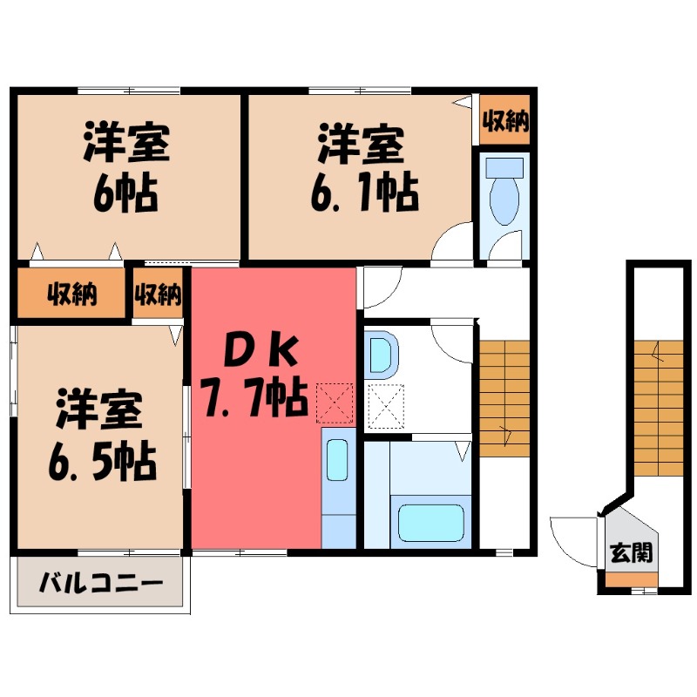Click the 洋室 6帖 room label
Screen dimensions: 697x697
[x=126, y=169]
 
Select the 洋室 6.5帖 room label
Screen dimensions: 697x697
[x=100, y=436]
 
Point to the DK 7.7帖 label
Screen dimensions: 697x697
[x=253, y=376]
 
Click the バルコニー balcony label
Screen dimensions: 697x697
[x=101, y=582]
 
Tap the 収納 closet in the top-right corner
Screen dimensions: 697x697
[x=505, y=120]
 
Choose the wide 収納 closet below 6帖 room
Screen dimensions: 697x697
[x=71, y=294]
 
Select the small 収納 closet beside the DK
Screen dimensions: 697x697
[x=158, y=294]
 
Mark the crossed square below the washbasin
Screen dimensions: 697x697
[x=386, y=405]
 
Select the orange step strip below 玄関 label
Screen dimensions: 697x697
[x=633, y=580]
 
